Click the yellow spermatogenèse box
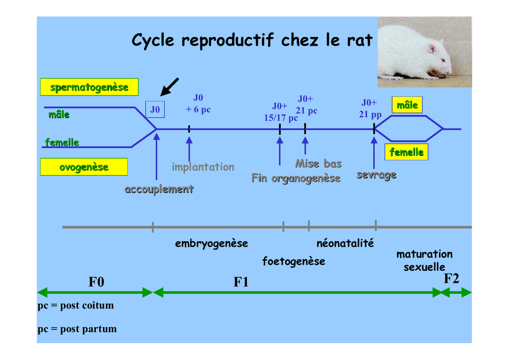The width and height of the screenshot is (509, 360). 89,87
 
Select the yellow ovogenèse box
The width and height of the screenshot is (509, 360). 84,167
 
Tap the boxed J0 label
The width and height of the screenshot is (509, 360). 155,109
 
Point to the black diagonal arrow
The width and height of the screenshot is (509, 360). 170,87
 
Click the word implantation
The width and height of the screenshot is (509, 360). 203,167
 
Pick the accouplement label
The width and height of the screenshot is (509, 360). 159,189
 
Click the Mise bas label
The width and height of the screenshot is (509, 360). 319,164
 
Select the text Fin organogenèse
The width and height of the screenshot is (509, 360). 296,178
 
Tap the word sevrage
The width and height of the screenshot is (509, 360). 377,175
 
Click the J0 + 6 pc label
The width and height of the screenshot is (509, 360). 198,103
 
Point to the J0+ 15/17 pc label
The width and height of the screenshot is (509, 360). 280,112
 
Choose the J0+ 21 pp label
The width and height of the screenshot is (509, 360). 370,108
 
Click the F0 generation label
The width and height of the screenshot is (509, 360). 96,282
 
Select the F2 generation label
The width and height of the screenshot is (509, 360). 451,278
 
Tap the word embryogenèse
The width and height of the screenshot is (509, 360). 211,244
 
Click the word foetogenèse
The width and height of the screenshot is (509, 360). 293,262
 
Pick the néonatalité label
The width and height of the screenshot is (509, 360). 345,243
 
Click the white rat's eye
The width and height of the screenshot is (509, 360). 443,60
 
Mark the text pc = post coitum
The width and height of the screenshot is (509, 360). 76,305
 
